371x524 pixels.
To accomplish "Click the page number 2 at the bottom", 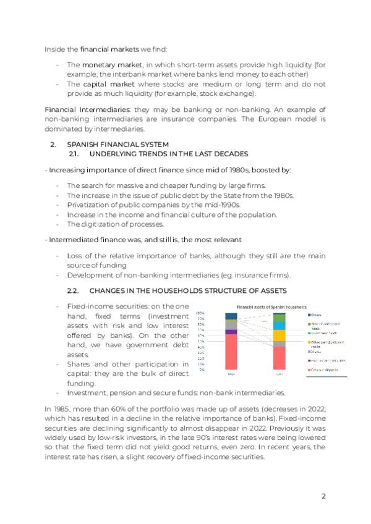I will coord(323,496).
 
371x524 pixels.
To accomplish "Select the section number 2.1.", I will coord(75,153).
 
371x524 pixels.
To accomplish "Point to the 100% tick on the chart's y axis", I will coord(200,313).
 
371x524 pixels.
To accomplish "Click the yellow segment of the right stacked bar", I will coord(279,336).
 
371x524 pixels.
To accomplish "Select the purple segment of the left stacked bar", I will coord(231,332).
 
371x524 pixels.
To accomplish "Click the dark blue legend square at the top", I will coord(309,315).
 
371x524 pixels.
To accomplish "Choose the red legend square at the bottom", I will coord(309,370).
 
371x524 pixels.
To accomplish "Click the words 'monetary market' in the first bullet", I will coord(103,65).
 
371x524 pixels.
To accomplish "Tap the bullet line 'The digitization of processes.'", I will coord(115,224).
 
